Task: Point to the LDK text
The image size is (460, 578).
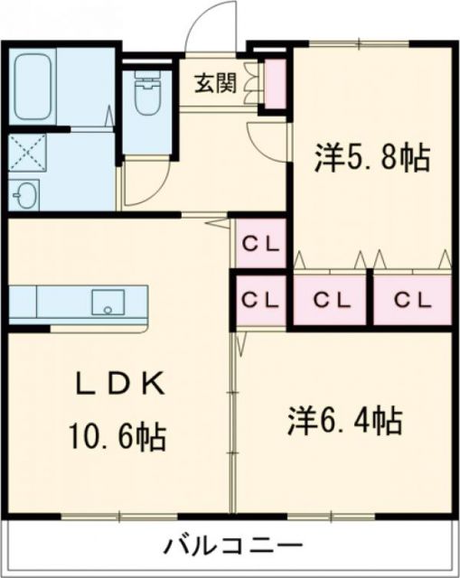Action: coord(117,386)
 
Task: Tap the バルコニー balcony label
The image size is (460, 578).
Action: coord(232,546)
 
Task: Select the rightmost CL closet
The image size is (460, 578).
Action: coord(413,299)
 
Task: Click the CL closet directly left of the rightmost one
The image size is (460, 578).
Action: coord(330,299)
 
